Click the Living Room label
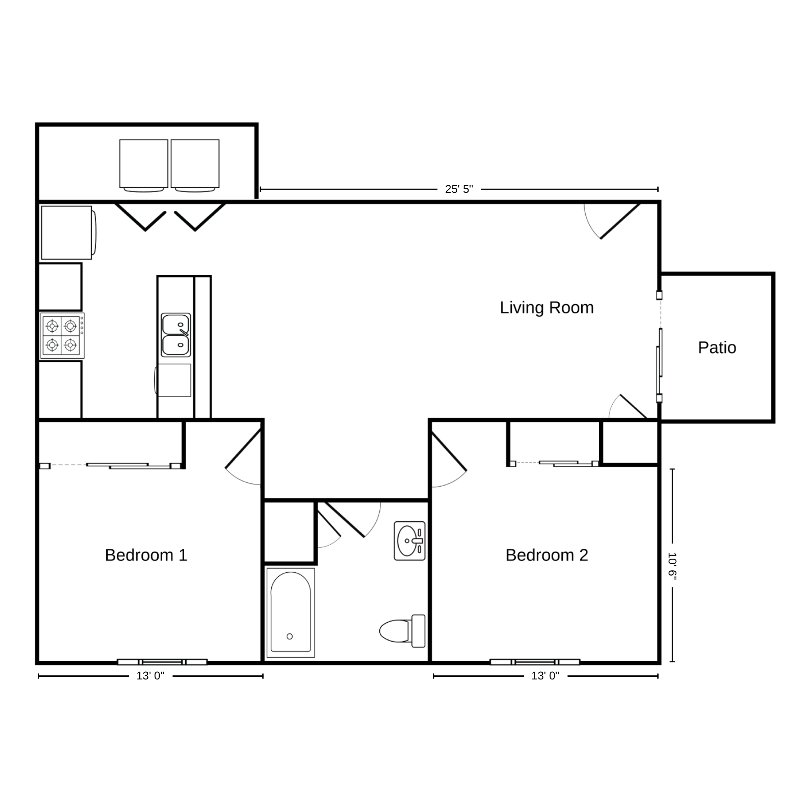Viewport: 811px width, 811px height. coord(547,308)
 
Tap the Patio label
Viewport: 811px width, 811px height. coord(717,348)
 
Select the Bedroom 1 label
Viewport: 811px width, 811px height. coord(146,555)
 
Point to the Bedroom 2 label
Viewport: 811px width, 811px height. coord(547,555)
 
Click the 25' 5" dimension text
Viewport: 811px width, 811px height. coord(459,189)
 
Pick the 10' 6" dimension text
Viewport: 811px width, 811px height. coord(672,565)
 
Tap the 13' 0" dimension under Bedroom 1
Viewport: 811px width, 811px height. coord(150,676)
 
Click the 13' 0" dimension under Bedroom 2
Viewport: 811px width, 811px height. coord(545,676)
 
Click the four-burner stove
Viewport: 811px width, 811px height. coord(62,336)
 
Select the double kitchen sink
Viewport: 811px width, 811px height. coord(176,335)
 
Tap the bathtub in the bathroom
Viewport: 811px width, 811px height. coord(291,612)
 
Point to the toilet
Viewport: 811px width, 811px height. coord(402,631)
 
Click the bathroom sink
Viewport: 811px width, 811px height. coord(410,541)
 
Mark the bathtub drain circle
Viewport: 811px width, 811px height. coord(290,637)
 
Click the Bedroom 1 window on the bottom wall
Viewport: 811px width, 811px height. coord(162,662)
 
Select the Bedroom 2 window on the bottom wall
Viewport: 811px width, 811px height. coord(535,662)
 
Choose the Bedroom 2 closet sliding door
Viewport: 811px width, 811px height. coord(554,463)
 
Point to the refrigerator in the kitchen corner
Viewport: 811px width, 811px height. coord(68,232)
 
